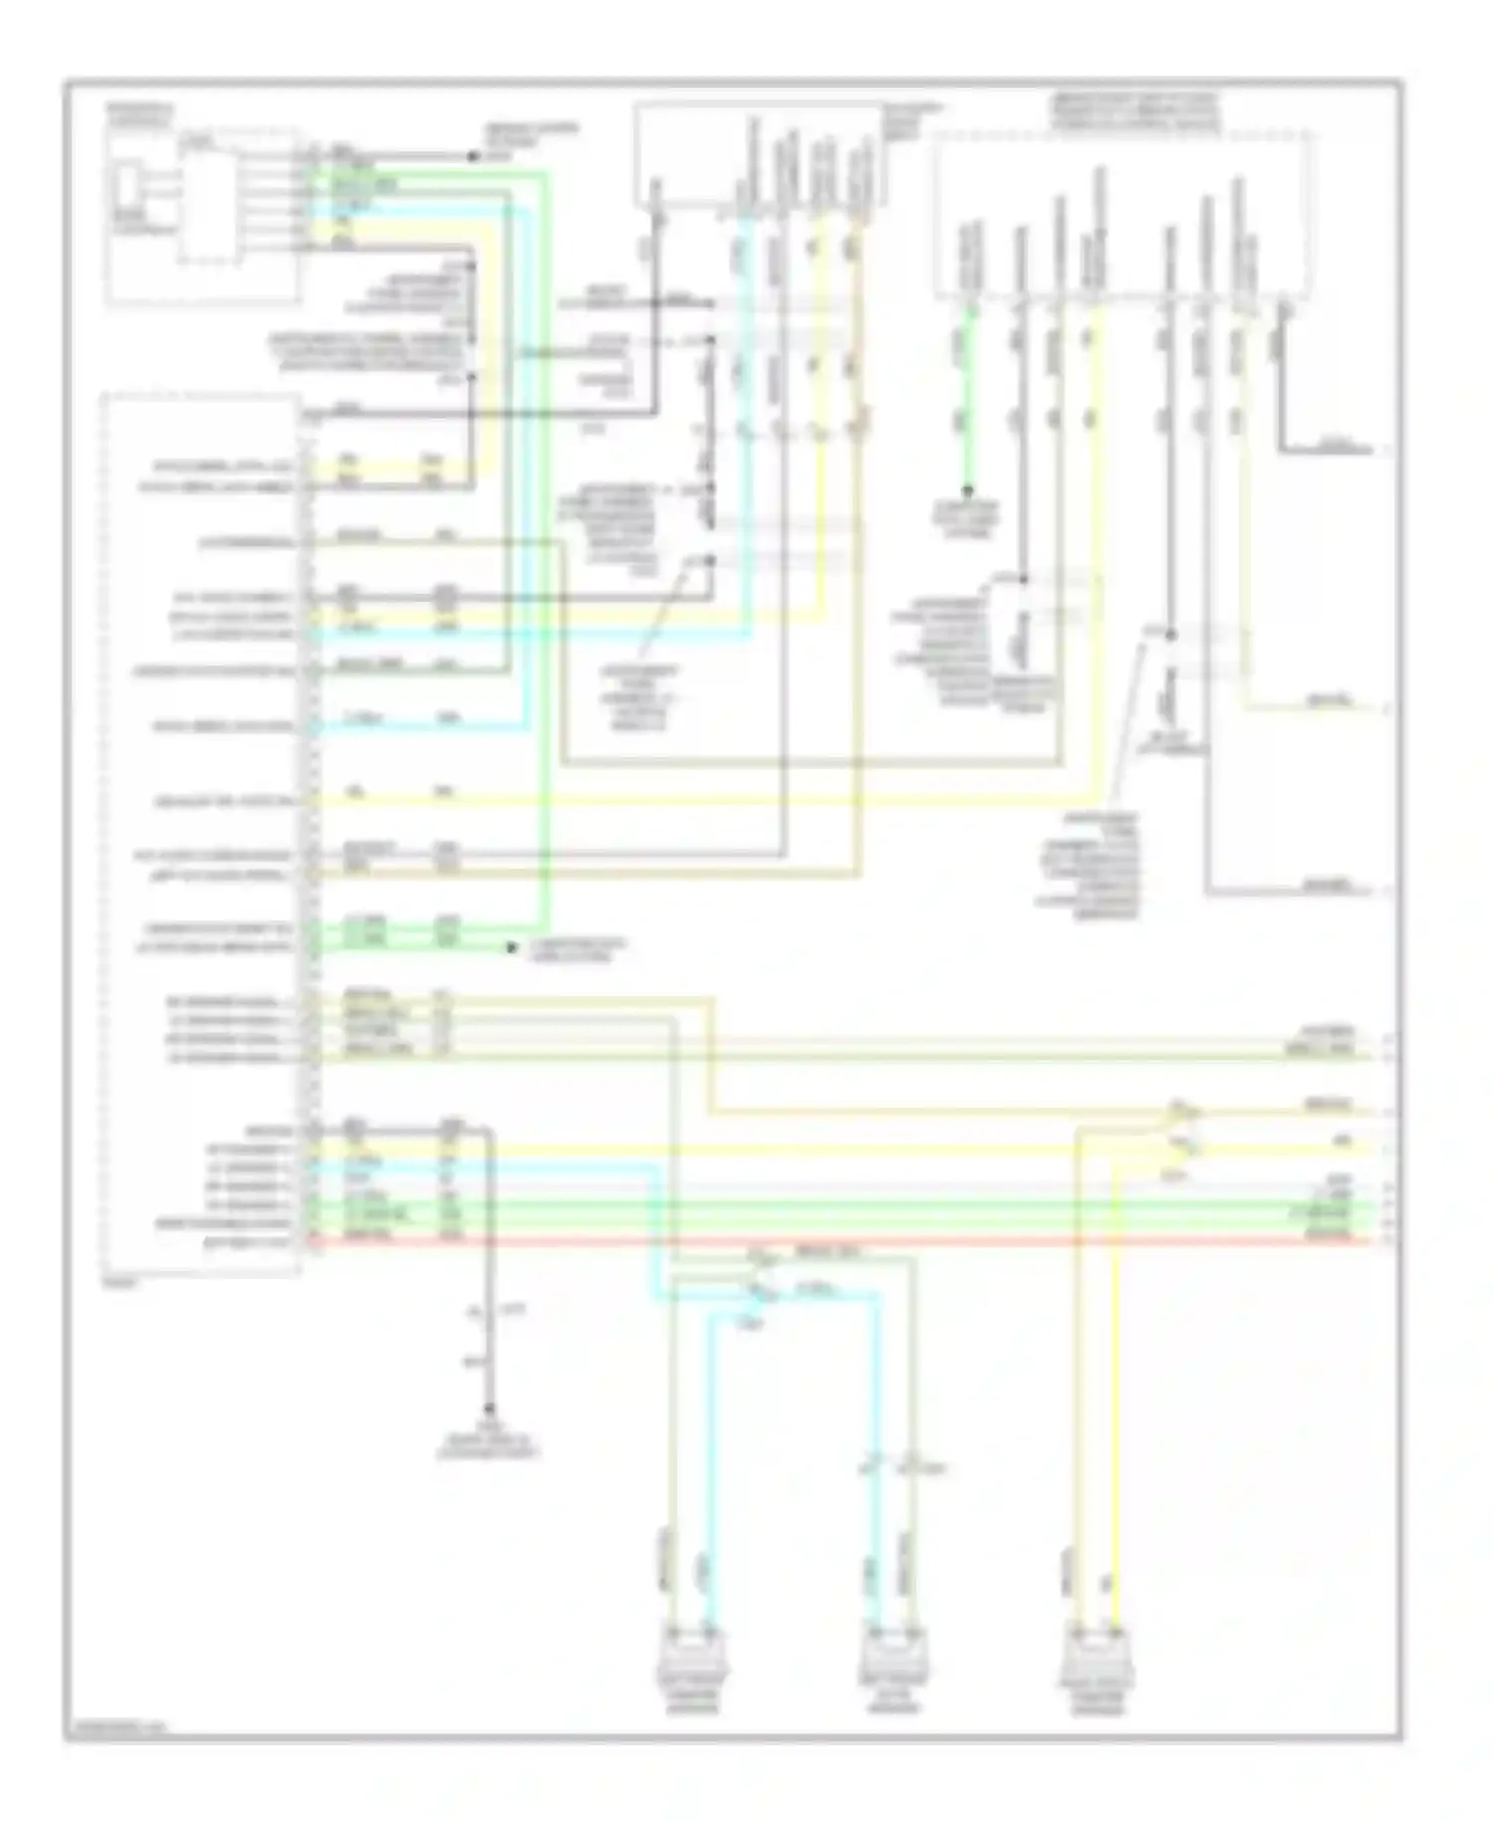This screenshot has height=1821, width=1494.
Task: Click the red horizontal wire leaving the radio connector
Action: coord(847,1242)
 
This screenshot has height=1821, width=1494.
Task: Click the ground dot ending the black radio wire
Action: coord(488,1410)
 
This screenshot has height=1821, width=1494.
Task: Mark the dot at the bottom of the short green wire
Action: coord(966,491)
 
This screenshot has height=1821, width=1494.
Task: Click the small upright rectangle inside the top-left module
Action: coord(127,187)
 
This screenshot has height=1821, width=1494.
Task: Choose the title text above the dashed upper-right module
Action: coord(1133,113)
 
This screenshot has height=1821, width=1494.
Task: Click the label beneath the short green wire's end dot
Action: coord(966,521)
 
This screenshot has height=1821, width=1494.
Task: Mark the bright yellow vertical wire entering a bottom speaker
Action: coord(1116,1395)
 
